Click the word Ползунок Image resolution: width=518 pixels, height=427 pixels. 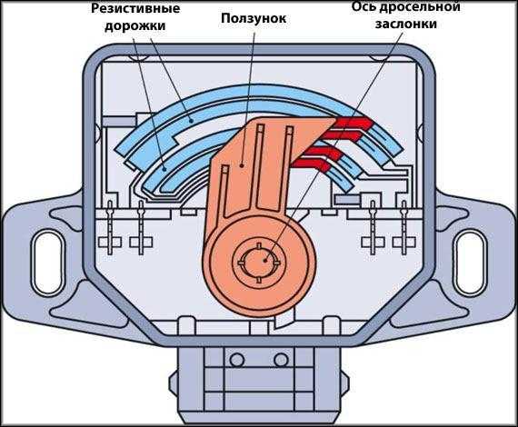click(254, 18)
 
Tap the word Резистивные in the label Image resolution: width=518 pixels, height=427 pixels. click(135, 8)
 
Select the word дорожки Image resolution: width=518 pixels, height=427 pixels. click(135, 25)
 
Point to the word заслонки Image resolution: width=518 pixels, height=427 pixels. click(406, 24)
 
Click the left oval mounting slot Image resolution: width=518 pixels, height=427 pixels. click(49, 263)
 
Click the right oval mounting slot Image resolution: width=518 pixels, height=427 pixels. click(470, 263)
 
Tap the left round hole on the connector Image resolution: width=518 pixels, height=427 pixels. click(237, 360)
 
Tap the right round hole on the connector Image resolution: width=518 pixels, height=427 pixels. click(281, 360)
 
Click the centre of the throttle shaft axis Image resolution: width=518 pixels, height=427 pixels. click(265, 261)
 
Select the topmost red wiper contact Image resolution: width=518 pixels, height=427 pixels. click(354, 124)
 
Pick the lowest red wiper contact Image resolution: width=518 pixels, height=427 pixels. click(312, 165)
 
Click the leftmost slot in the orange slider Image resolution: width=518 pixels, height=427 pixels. click(225, 192)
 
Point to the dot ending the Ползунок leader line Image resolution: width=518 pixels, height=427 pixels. click(242, 164)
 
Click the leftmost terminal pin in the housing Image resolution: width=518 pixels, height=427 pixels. click(110, 227)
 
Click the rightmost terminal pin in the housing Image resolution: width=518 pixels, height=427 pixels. click(403, 227)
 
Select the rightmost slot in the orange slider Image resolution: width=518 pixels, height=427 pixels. click(289, 167)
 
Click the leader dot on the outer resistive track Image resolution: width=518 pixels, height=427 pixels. click(191, 121)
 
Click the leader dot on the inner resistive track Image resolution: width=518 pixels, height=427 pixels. click(165, 169)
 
